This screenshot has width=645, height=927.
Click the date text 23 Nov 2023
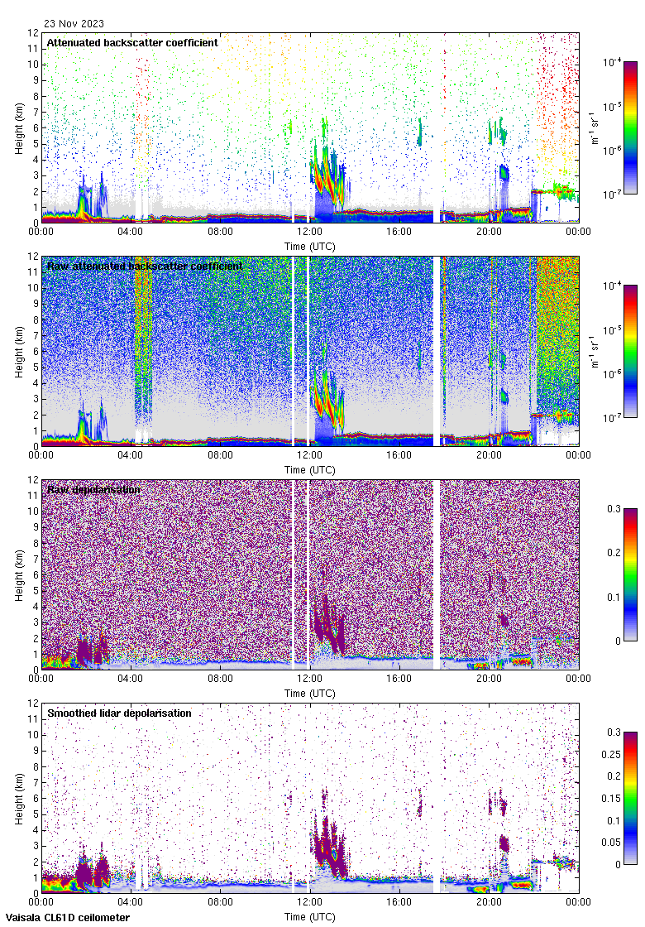click(x=74, y=24)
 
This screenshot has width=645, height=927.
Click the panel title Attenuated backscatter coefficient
click(x=132, y=42)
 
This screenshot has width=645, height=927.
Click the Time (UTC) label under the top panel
click(x=309, y=246)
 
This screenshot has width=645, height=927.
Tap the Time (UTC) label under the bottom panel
click(x=309, y=916)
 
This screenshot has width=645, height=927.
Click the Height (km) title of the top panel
click(x=18, y=128)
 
